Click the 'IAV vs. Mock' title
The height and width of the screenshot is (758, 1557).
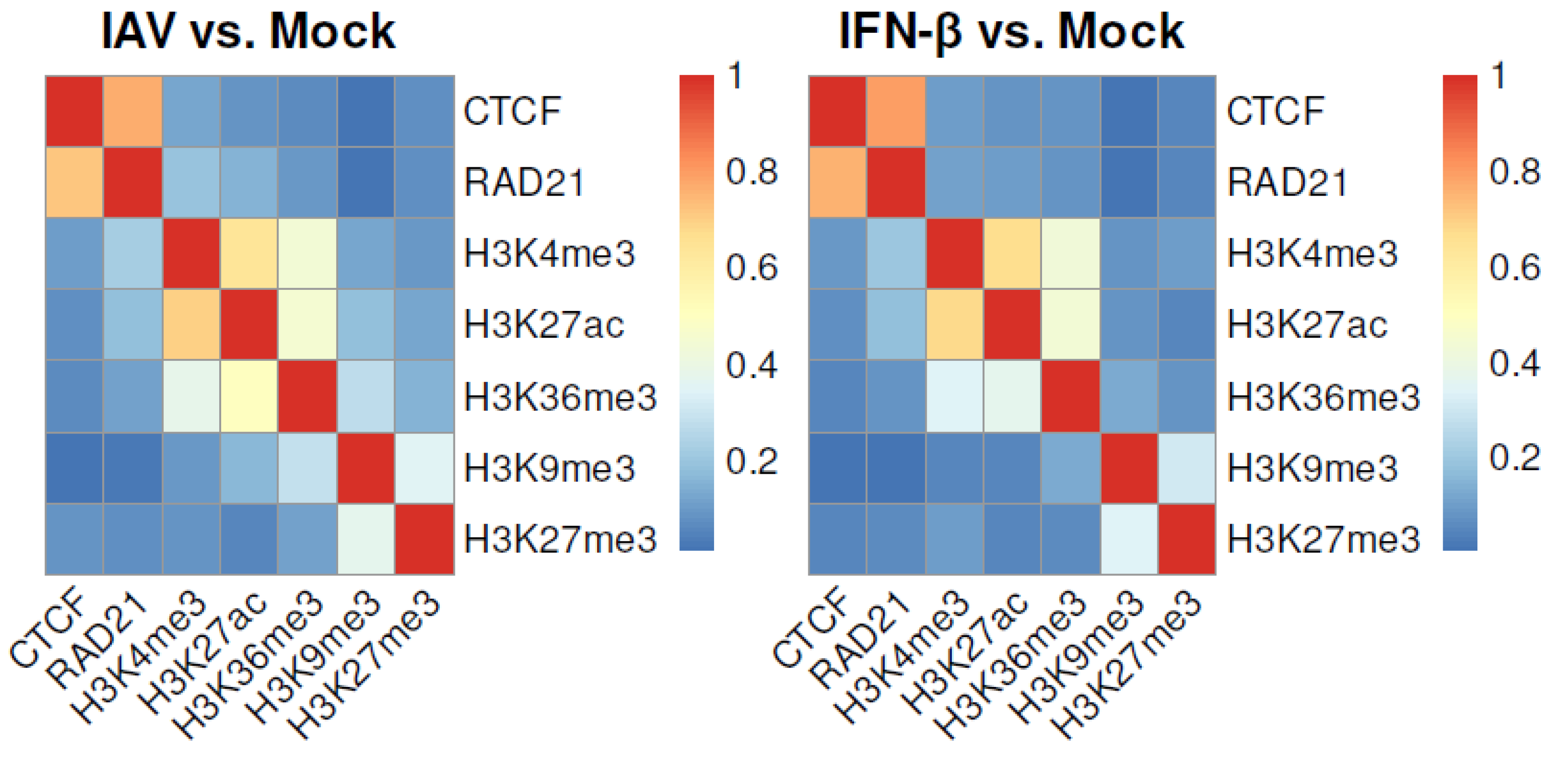pyautogui.click(x=248, y=31)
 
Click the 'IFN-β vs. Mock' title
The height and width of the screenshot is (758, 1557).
pyautogui.click(x=1011, y=31)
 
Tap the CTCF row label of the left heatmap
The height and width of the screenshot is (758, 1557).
pyautogui.click(x=512, y=111)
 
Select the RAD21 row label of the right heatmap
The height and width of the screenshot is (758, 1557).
pyautogui.click(x=1287, y=182)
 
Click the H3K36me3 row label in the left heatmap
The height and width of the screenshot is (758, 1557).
pyautogui.click(x=560, y=397)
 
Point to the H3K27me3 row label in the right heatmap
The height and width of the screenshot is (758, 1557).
pyautogui.click(x=1323, y=539)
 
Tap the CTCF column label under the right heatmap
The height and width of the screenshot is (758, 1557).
pyautogui.click(x=810, y=628)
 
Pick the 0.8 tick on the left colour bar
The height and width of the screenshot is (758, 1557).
pyautogui.click(x=751, y=172)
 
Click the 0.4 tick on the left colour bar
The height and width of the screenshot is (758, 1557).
pyautogui.click(x=751, y=365)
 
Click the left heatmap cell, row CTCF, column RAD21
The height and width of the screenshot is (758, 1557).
pyautogui.click(x=133, y=111)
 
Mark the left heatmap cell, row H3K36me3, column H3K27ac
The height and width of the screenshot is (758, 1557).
pyautogui.click(x=249, y=397)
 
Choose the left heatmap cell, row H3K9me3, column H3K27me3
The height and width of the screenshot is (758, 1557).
pyautogui.click(x=424, y=468)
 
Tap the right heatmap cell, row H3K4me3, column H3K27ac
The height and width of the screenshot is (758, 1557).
pyautogui.click(x=1012, y=254)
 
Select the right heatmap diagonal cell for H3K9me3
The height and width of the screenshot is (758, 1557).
pyautogui.click(x=1129, y=468)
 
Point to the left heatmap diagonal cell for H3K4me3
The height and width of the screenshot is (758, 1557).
pyautogui.click(x=191, y=254)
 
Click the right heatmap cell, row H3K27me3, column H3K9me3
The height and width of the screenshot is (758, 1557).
pyautogui.click(x=1129, y=539)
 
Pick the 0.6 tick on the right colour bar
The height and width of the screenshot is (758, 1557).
pyautogui.click(x=1514, y=268)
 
